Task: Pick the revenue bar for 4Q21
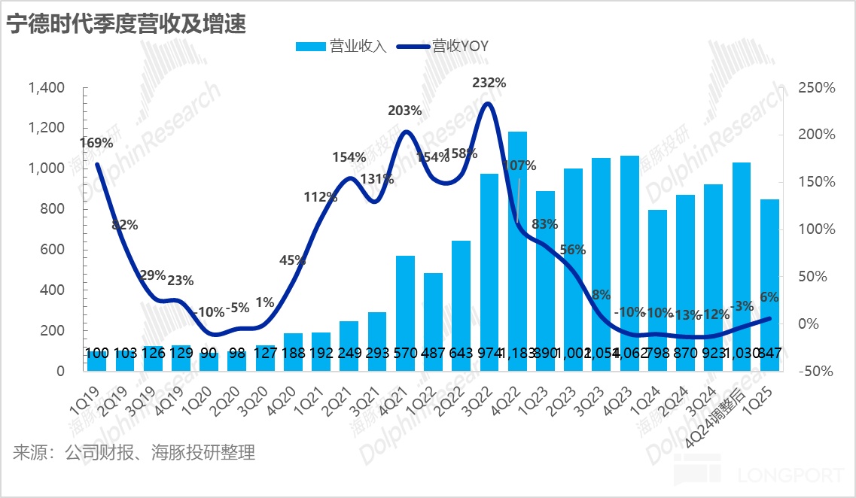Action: (406, 313)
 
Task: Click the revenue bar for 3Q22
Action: (489, 272)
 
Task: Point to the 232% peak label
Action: (489, 83)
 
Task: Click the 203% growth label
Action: (405, 111)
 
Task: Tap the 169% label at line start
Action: (96, 142)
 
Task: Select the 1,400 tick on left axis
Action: (47, 88)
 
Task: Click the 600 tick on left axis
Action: (56, 250)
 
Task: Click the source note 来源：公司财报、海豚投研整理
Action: (134, 453)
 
